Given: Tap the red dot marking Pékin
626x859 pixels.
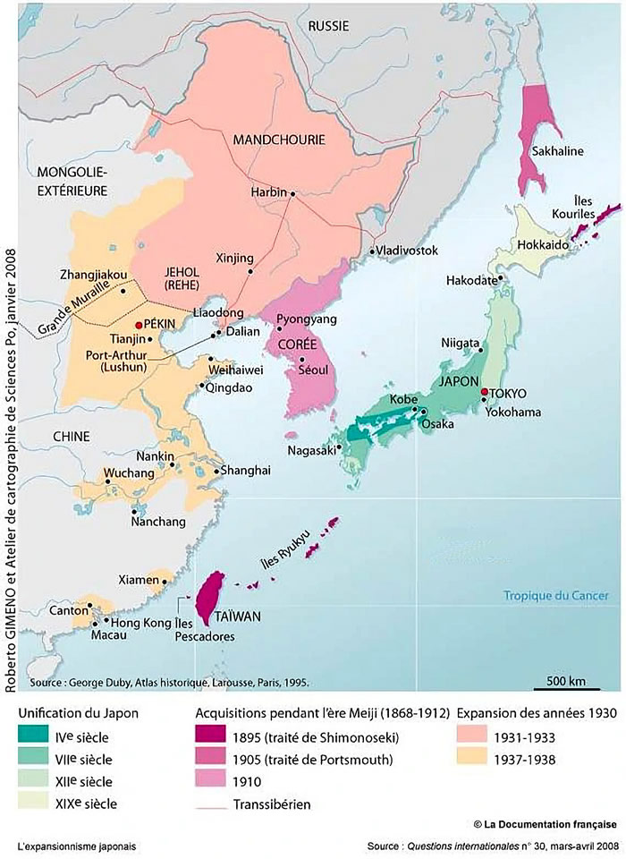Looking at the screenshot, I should point(139,325).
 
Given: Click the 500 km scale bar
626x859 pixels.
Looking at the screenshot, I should point(566,689).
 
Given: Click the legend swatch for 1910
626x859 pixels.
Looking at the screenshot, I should point(213,781).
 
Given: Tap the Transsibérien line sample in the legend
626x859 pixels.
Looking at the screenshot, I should point(213,804).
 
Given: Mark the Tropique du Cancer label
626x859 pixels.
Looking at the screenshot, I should point(554,595).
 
